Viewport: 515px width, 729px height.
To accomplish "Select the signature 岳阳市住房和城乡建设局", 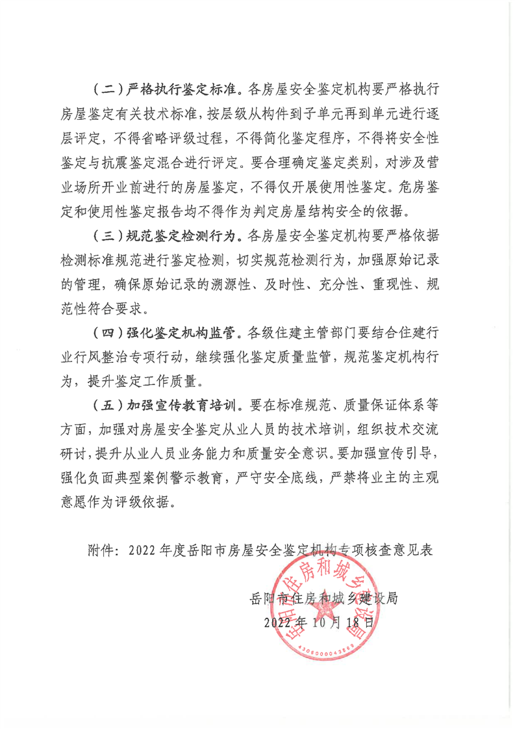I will point(323,598).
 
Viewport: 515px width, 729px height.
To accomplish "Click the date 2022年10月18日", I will point(320,622).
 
